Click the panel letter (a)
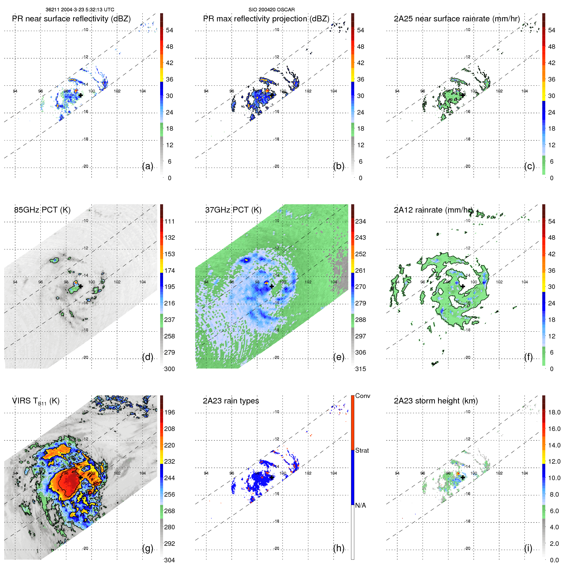pyautogui.click(x=148, y=166)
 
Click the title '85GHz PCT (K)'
pyautogui.click(x=42, y=210)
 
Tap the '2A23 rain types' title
pyautogui.click(x=231, y=401)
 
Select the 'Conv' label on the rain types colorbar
pyautogui.click(x=363, y=396)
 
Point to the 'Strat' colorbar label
pyautogui.click(x=362, y=450)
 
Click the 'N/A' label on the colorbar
pyautogui.click(x=360, y=505)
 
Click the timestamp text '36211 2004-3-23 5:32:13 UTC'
pyautogui.click(x=80, y=10)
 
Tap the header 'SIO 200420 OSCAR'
pyautogui.click(x=271, y=10)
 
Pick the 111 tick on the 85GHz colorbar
pyautogui.click(x=170, y=222)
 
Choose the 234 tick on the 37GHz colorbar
pyautogui.click(x=360, y=222)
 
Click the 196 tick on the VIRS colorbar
pyautogui.click(x=170, y=413)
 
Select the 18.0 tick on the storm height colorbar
pyautogui.click(x=554, y=413)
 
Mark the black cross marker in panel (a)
pyautogui.click(x=81, y=95)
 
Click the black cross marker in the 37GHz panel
pyautogui.click(x=272, y=286)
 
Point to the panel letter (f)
pyautogui.click(x=528, y=357)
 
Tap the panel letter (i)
pyautogui.click(x=528, y=548)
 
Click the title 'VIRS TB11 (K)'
pyautogui.click(x=36, y=401)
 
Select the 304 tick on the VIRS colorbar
pyautogui.click(x=170, y=560)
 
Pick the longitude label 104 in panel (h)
pyautogui.click(x=334, y=473)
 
